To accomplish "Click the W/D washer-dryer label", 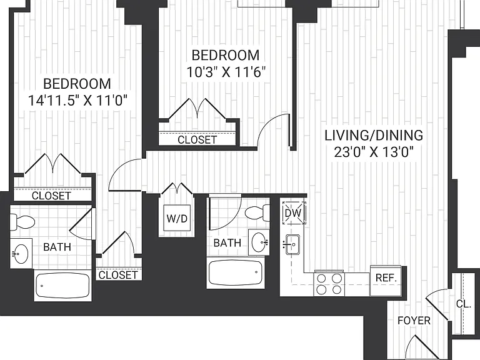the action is click(177, 218).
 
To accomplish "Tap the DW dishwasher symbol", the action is click(294, 212).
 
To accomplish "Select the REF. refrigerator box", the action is click(386, 281).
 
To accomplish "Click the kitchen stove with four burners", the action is click(329, 284).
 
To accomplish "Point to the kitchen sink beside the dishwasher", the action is click(292, 244).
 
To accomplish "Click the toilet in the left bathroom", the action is click(22, 222).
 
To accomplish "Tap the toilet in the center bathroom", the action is click(257, 212).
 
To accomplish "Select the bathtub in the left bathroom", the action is click(62, 285).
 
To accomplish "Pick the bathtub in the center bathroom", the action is click(235, 272).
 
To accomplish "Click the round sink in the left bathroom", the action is click(20, 253).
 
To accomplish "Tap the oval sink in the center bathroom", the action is click(259, 242).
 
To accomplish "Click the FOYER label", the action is click(414, 321).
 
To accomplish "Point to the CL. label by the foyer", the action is click(464, 304).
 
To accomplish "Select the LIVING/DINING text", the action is click(374, 135).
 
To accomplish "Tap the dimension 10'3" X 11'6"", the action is click(226, 72).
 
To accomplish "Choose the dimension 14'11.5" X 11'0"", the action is click(77, 100).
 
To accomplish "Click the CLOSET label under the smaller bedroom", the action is click(197, 140).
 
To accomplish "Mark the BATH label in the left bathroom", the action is click(57, 247).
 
